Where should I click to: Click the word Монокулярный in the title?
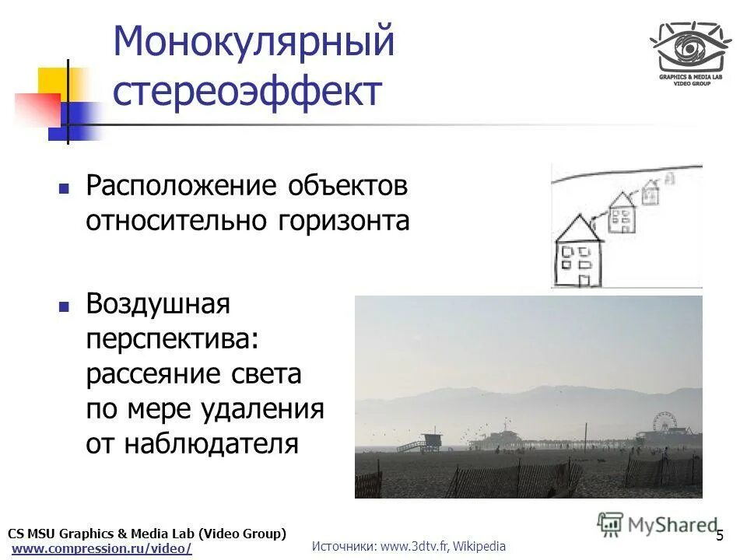tap(254, 43)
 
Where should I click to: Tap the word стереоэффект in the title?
tap(247, 92)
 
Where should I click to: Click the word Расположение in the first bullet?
tap(181, 187)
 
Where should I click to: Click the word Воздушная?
tap(158, 303)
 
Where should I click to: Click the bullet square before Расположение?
tap(65, 188)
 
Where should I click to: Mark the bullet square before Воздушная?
tap(65, 305)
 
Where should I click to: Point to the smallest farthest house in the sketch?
tap(651, 189)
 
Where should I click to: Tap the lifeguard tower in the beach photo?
tap(430, 440)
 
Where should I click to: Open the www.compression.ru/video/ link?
tap(102, 548)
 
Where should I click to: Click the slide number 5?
tap(720, 535)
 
